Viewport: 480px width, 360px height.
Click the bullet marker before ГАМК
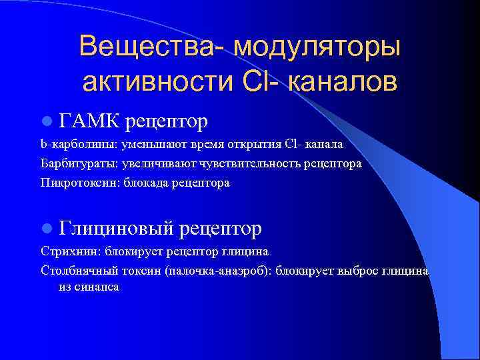click(x=46, y=121)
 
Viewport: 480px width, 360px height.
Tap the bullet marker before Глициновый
click(x=46, y=229)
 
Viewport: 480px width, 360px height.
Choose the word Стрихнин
click(x=64, y=252)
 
